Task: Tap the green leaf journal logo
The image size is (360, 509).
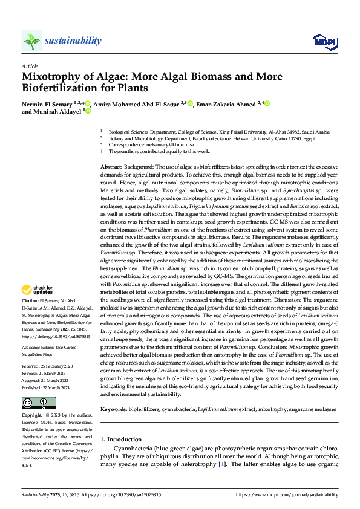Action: point(31,41)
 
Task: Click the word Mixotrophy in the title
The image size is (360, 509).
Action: point(54,77)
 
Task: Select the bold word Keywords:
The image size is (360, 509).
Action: point(114,392)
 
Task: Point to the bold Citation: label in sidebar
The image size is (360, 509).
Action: point(31,300)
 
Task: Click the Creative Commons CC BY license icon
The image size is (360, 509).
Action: point(39,386)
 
